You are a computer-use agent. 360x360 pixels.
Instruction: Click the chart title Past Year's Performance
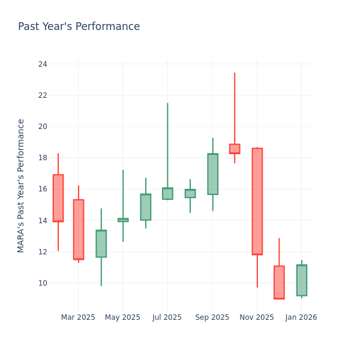[79, 27]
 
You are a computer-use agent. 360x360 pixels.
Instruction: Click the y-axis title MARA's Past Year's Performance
[21, 185]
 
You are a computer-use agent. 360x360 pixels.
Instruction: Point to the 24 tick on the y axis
[43, 64]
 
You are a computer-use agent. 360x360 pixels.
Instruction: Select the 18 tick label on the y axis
[43, 158]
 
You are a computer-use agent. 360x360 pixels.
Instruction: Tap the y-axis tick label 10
[43, 283]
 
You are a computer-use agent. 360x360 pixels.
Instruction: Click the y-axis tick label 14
[43, 221]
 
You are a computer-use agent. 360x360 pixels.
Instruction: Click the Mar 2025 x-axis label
[78, 317]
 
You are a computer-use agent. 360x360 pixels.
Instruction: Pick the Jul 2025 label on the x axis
[167, 317]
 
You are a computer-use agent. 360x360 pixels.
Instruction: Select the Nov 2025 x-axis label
[256, 317]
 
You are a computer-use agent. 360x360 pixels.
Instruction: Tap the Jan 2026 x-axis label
[301, 317]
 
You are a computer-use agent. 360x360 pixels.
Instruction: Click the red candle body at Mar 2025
[79, 229]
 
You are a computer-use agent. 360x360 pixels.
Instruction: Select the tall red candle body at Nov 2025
[257, 201]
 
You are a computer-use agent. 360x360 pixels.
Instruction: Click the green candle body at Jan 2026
[301, 280]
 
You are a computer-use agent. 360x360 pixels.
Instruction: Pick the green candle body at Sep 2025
[212, 174]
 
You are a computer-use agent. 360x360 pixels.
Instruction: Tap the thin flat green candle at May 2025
[123, 220]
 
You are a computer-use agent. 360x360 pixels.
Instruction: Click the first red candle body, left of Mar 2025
[58, 198]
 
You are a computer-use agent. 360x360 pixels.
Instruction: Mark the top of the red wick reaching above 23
[235, 74]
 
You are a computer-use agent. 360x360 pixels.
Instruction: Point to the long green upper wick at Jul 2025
[167, 144]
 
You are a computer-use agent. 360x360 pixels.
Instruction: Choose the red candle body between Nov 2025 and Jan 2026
[279, 282]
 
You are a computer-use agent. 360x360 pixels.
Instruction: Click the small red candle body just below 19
[235, 149]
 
